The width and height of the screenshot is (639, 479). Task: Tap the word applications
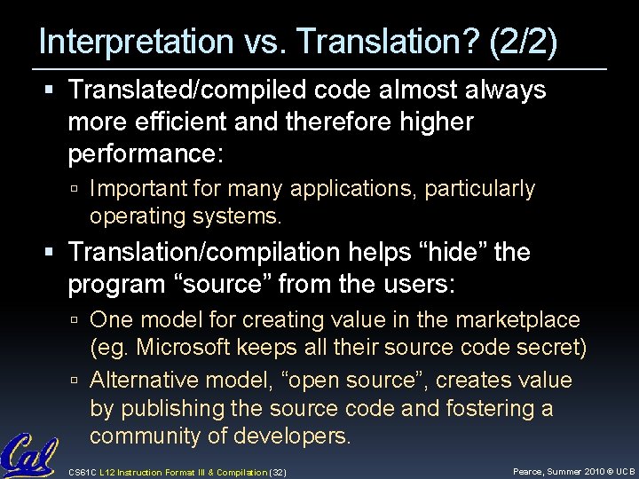[x=366, y=188]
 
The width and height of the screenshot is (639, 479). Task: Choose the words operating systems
[x=185, y=216]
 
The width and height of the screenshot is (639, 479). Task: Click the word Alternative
[x=146, y=380]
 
